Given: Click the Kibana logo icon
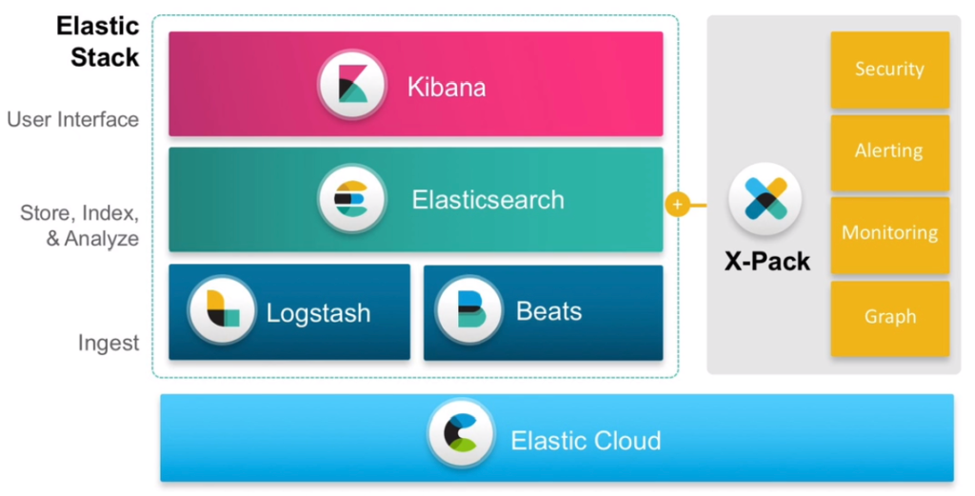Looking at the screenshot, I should (x=351, y=86).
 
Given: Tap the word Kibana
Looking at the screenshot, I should (x=447, y=88).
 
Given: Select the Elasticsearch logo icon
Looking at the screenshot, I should (x=351, y=199).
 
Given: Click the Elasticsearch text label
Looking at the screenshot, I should (x=487, y=200).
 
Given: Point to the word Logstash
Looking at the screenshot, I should (x=318, y=312).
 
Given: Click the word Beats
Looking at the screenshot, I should (x=548, y=311).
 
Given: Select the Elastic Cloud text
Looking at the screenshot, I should (x=586, y=441).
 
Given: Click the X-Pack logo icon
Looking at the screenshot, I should (x=766, y=199).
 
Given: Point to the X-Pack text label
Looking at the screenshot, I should (x=766, y=261).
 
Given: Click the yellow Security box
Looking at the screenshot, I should (x=889, y=69).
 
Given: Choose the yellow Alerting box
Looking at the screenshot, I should (x=889, y=152).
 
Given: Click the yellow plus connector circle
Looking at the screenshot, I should (x=677, y=204).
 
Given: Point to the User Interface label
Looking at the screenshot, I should (x=73, y=120).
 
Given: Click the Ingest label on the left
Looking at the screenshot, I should (x=109, y=343).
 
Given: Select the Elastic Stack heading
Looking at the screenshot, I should (x=98, y=41).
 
